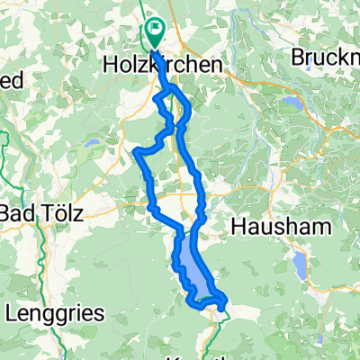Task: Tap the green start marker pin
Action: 155,34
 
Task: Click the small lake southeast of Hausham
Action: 298,263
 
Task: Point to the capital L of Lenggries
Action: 12,314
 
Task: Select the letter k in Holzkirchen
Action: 173,67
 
